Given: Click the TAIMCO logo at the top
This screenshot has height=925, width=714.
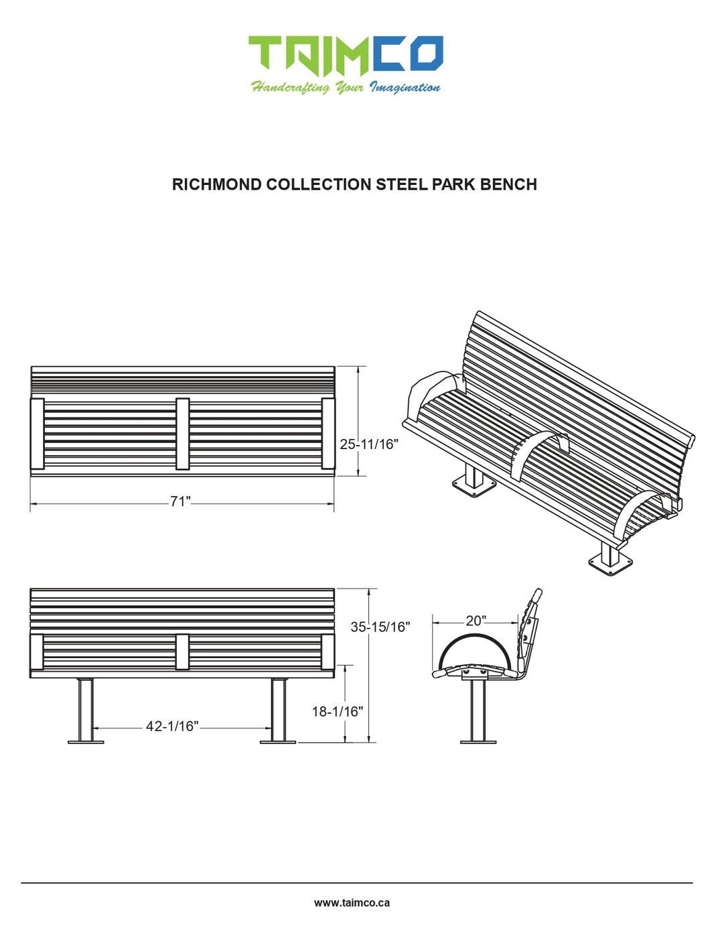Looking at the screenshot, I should coord(346,54).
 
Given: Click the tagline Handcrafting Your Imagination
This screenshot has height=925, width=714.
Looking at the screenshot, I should coord(346,87).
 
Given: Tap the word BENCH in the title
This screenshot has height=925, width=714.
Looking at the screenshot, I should coord(508,184).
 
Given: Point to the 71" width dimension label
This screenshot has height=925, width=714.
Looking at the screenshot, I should coord(180,501).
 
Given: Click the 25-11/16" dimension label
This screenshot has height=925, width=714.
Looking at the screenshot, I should coord(369,444).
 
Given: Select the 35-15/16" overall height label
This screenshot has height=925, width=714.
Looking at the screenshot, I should coord(380,627).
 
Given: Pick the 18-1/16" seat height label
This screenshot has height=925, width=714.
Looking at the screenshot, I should coord(337,711).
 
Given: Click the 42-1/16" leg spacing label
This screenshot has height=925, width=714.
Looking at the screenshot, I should coord(172,726).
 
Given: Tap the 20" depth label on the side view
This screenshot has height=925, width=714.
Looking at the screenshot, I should coord(476,621).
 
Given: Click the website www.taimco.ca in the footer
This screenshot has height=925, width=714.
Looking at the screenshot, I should coord(352,902).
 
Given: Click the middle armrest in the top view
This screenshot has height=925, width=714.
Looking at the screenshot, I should coord(182,434).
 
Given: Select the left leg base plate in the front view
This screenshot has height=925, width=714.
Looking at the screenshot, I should coord(86,741).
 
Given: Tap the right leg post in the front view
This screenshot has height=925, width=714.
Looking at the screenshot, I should coord(278,709).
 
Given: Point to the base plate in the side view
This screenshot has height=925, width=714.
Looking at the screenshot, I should coord(478,741).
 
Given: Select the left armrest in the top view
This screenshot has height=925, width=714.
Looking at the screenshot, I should coord(38,434).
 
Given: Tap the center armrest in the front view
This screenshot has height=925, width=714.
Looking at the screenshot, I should coord(182,652).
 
